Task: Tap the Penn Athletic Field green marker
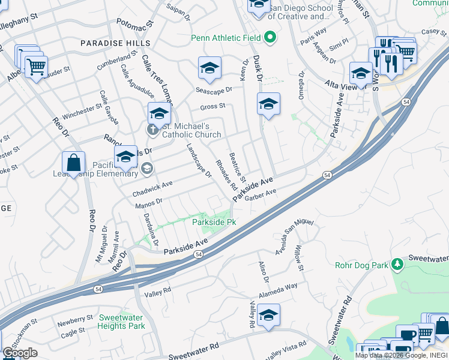[270, 38]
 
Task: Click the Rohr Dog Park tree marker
[396, 264]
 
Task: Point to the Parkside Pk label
[214, 222]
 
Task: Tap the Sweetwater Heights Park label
[122, 322]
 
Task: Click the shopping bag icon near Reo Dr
[73, 163]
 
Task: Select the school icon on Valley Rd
[269, 315]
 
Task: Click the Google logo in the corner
[20, 353]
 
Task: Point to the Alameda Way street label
[279, 290]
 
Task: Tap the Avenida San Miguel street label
[294, 237]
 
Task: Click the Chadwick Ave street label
[152, 188]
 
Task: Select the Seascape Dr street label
[214, 89]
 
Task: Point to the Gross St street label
[212, 106]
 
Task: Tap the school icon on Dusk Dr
[268, 103]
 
